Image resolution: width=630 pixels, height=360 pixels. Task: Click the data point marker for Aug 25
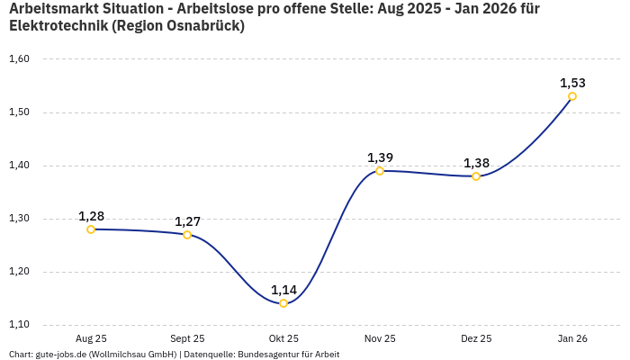pyautogui.click(x=91, y=229)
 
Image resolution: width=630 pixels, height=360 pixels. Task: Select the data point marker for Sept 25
pyautogui.click(x=187, y=235)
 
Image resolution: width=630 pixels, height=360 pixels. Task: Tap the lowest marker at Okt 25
pyautogui.click(x=283, y=303)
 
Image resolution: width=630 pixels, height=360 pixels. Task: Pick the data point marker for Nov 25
pyautogui.click(x=380, y=171)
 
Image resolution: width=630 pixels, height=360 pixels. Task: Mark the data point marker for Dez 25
pyautogui.click(x=476, y=176)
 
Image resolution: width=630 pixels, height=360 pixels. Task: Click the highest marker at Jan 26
pyautogui.click(x=572, y=96)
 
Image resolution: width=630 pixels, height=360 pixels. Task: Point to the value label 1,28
pyautogui.click(x=91, y=216)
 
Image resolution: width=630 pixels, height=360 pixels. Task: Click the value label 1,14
pyautogui.click(x=283, y=290)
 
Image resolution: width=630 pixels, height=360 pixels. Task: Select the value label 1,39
pyautogui.click(x=380, y=157)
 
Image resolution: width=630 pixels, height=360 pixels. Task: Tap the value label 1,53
pyautogui.click(x=572, y=83)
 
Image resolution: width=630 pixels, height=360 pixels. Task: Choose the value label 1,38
pyautogui.click(x=476, y=163)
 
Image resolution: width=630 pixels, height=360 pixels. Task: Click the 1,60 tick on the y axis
pyautogui.click(x=19, y=59)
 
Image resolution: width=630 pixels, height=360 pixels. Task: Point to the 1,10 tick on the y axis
pyautogui.click(x=19, y=325)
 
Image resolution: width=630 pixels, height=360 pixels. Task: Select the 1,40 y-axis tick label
pyautogui.click(x=19, y=166)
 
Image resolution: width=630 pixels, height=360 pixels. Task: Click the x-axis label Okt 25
pyautogui.click(x=283, y=338)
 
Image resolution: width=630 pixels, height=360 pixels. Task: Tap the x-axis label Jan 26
pyautogui.click(x=572, y=338)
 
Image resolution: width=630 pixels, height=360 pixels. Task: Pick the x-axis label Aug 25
pyautogui.click(x=91, y=338)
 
